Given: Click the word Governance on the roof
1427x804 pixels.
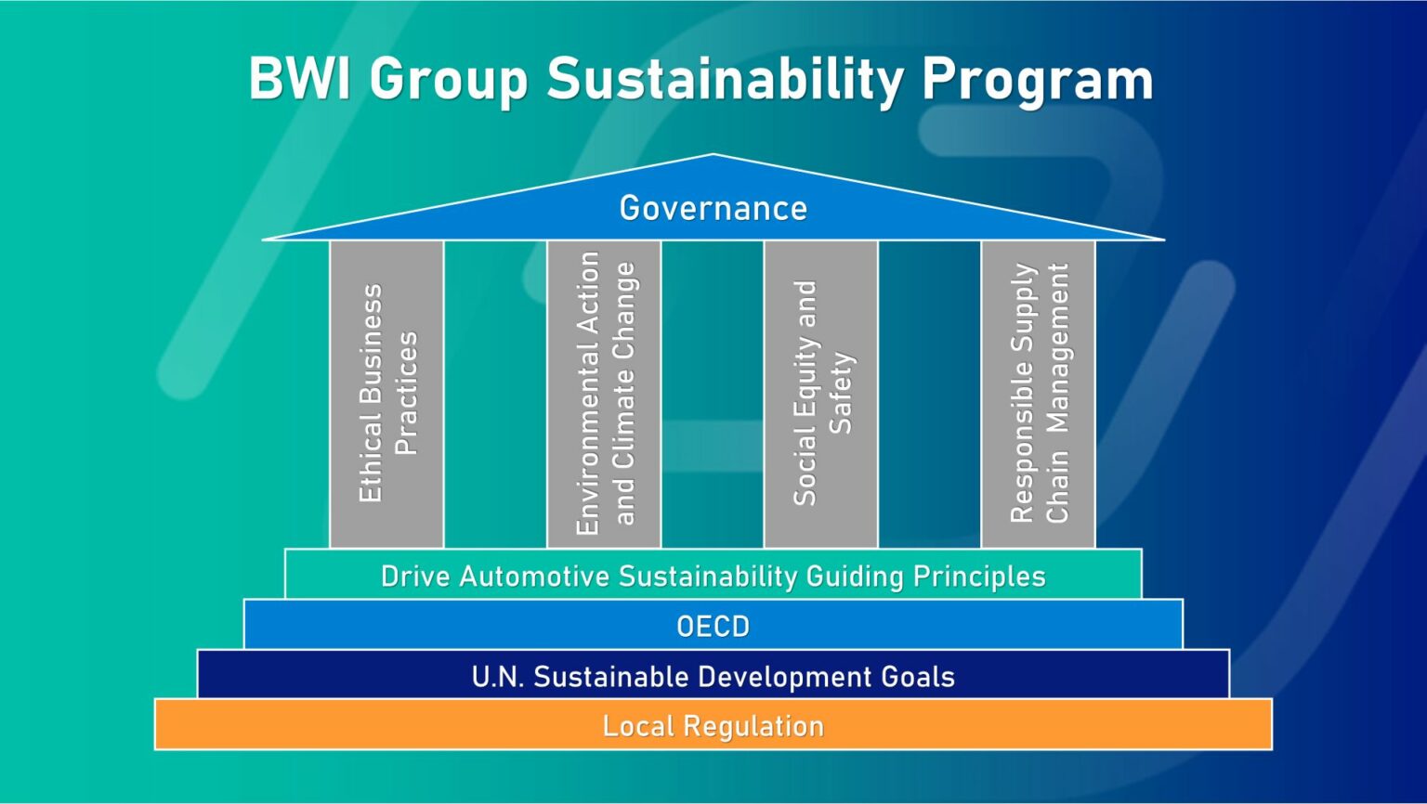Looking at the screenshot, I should click(713, 208).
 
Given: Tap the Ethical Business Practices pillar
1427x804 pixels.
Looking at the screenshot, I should click(386, 394).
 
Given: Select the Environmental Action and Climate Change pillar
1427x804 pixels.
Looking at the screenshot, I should click(604, 394).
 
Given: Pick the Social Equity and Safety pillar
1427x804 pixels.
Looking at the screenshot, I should click(820, 394).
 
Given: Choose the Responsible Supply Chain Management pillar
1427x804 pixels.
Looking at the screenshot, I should click(1038, 394).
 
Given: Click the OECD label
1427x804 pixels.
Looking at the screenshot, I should click(713, 627).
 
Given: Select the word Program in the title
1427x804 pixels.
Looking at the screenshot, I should click(1037, 81).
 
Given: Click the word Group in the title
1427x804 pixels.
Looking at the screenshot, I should click(449, 81).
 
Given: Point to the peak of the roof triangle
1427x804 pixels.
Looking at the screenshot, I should click(713, 156).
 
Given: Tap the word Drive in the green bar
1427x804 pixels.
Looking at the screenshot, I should click(415, 577).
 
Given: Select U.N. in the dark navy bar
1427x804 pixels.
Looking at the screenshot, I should click(497, 677).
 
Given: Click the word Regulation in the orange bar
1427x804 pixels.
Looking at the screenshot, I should click(754, 726).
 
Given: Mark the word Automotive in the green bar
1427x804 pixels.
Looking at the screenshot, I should click(534, 577).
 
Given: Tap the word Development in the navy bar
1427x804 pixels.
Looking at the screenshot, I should click(778, 677).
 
